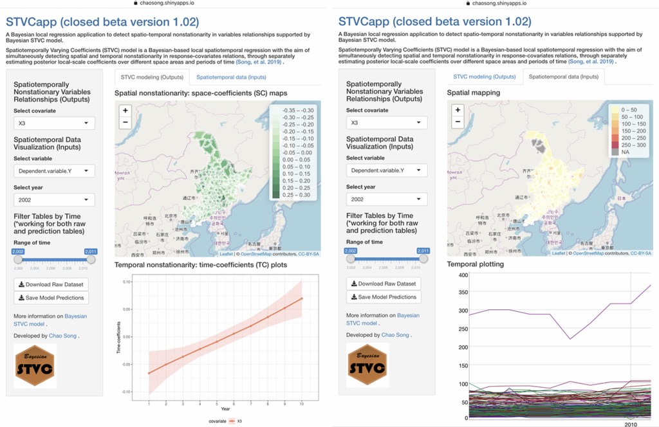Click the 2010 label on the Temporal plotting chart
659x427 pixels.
tap(631, 424)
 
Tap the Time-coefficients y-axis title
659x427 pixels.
tap(118, 338)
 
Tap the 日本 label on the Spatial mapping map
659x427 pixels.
tap(621, 199)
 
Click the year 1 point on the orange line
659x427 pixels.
tap(149, 373)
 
